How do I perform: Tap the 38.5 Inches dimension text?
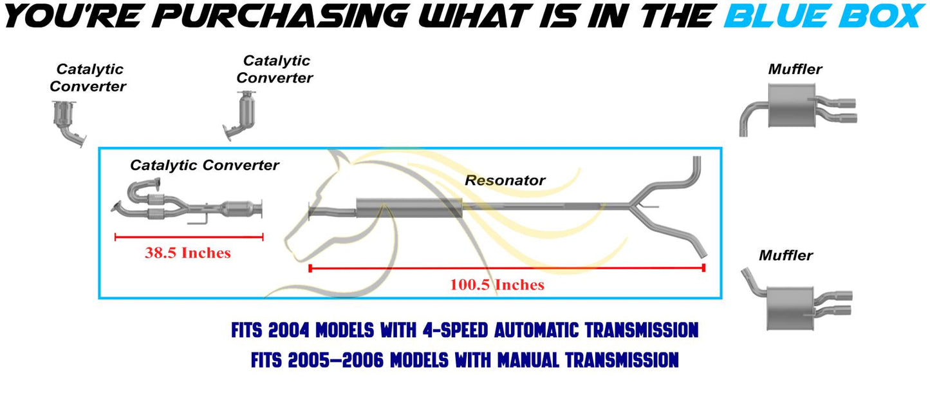coord(187,253)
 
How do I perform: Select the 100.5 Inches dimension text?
coord(497,284)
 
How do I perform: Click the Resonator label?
coord(505,180)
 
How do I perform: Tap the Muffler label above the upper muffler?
coord(795,69)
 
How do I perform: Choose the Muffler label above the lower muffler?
coord(785,255)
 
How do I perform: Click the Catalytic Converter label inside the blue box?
coord(205,165)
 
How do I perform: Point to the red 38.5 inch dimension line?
coord(189,237)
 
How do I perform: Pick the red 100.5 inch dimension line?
coord(507,268)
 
